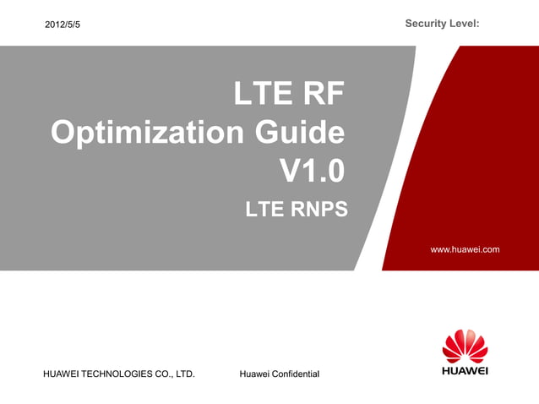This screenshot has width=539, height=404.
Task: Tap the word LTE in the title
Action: point(263,95)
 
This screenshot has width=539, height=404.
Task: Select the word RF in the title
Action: point(322,95)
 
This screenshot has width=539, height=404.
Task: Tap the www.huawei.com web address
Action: point(465,249)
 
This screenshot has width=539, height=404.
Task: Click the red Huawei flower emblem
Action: point(465,347)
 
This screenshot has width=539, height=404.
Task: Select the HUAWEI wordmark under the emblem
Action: point(465,370)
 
